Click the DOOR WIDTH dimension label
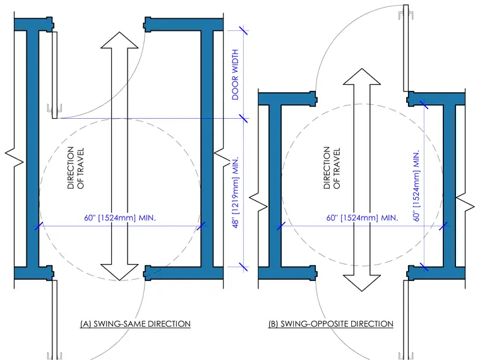click(x=235, y=75)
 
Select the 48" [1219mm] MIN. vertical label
click(x=235, y=193)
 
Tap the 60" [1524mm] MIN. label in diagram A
click(x=120, y=218)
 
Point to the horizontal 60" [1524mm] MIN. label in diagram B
click(x=362, y=218)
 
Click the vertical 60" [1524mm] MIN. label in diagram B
click(x=416, y=186)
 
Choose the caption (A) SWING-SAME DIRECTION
click(x=135, y=324)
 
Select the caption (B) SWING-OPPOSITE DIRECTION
click(x=331, y=324)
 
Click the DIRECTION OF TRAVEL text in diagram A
click(x=76, y=168)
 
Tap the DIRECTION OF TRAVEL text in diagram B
click(x=332, y=168)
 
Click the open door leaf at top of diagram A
click(x=54, y=75)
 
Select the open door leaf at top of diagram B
click(x=406, y=48)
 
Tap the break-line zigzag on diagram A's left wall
click(x=15, y=157)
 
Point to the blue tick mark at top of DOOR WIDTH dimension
click(x=244, y=30)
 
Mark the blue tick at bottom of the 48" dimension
click(x=244, y=267)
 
